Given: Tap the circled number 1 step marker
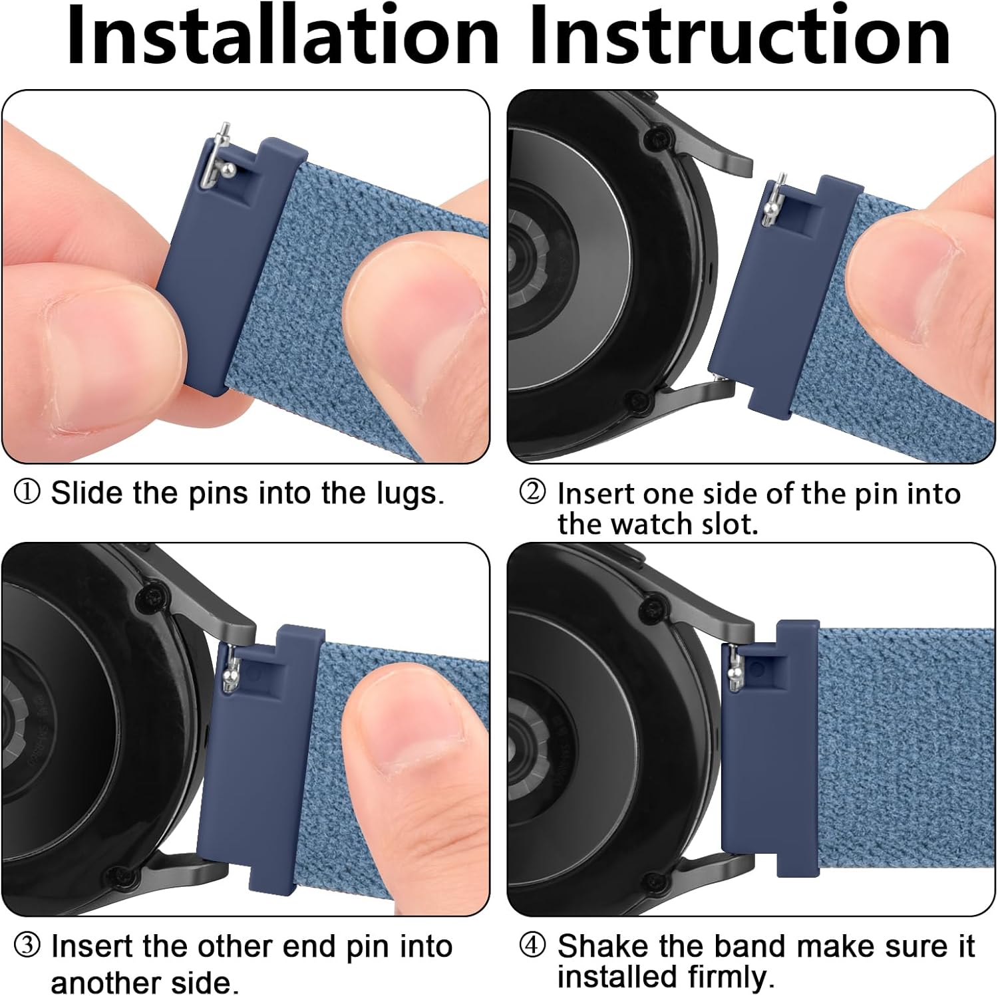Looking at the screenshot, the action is click(27, 493).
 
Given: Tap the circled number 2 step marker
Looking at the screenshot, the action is click(532, 493).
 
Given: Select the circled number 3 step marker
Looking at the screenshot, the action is click(27, 945).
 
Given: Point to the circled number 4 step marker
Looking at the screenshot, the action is click(532, 945).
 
